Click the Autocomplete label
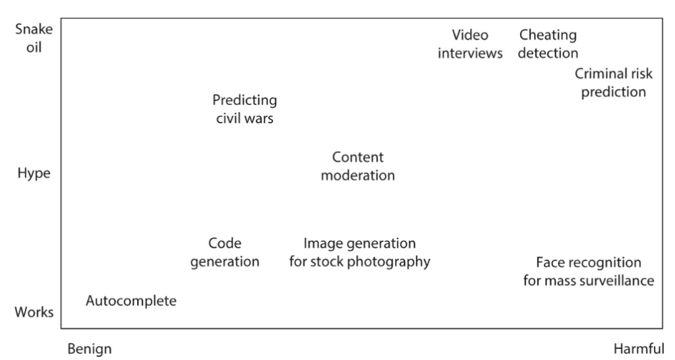pyautogui.click(x=131, y=301)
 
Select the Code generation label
pyautogui.click(x=225, y=253)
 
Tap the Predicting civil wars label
pyautogui.click(x=245, y=109)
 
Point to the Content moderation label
pyautogui.click(x=358, y=166)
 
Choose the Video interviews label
pyautogui.click(x=470, y=44)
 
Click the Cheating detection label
pyautogui.click(x=548, y=44)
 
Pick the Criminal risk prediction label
pyautogui.click(x=614, y=82)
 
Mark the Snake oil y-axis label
pyautogui.click(x=34, y=38)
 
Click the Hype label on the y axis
pyautogui.click(x=34, y=173)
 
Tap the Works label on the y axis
pyautogui.click(x=34, y=312)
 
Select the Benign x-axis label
pyautogui.click(x=90, y=349)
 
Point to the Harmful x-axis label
pyautogui.click(x=639, y=348)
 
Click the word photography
pyautogui.click(x=389, y=262)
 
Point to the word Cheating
pyautogui.click(x=548, y=36)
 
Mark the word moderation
pyautogui.click(x=358, y=175)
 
